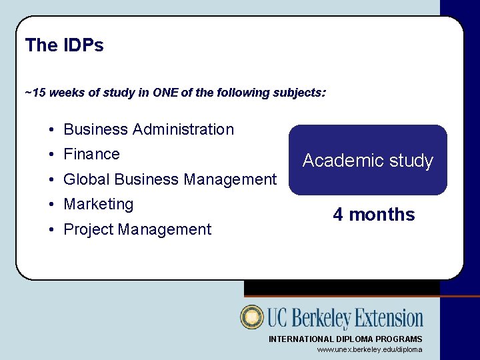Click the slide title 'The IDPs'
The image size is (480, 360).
click(64, 45)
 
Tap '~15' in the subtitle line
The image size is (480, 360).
click(35, 93)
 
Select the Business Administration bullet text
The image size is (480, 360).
click(149, 129)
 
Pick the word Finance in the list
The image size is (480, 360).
click(91, 154)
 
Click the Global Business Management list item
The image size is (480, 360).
click(169, 179)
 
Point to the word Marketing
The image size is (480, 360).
click(98, 204)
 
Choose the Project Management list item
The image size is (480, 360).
click(137, 229)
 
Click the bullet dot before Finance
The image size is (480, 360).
click(51, 155)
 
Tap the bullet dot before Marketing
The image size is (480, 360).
click(51, 205)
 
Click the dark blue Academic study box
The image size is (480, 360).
click(367, 160)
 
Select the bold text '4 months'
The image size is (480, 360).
click(373, 215)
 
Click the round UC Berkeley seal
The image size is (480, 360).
click(252, 317)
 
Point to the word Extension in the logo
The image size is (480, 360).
click(388, 318)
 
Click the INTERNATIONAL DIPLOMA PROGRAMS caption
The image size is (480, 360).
click(345, 339)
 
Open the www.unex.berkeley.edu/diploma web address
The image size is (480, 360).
click(369, 349)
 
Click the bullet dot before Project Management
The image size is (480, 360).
click(51, 230)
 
